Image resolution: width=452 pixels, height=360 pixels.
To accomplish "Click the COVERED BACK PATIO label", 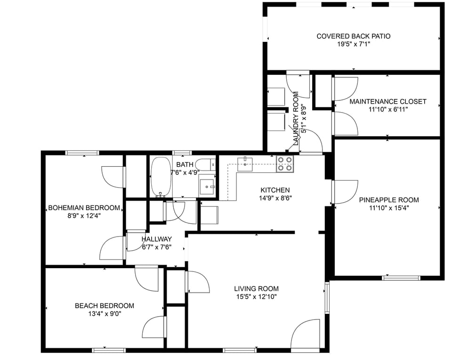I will (353, 36).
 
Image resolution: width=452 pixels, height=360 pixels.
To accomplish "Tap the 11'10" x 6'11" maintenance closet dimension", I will (388, 109).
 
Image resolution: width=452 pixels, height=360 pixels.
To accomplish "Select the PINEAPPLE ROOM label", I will (388, 200).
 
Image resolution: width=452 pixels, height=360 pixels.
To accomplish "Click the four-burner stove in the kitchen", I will (284, 163).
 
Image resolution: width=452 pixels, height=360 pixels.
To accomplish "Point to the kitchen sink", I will (245, 164).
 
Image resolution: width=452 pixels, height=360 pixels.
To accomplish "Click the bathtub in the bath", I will (161, 177).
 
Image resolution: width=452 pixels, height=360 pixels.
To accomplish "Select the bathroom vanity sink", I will (207, 187).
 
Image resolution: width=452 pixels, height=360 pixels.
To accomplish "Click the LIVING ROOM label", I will (256, 289).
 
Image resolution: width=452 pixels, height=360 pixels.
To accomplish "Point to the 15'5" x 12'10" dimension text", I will (256, 297).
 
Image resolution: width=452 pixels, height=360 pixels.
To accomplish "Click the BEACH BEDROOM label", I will (104, 306).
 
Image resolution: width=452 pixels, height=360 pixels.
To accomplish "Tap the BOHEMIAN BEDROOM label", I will (84, 208).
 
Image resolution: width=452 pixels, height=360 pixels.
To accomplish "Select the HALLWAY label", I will (156, 239).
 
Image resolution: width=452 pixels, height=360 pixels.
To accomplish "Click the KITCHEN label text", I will (275, 190).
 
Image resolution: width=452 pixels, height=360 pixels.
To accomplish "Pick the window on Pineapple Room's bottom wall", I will (401, 278).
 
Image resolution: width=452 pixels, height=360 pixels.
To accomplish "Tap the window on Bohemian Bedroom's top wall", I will (82, 153).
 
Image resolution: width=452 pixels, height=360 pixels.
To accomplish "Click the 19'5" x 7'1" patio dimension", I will (353, 45).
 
